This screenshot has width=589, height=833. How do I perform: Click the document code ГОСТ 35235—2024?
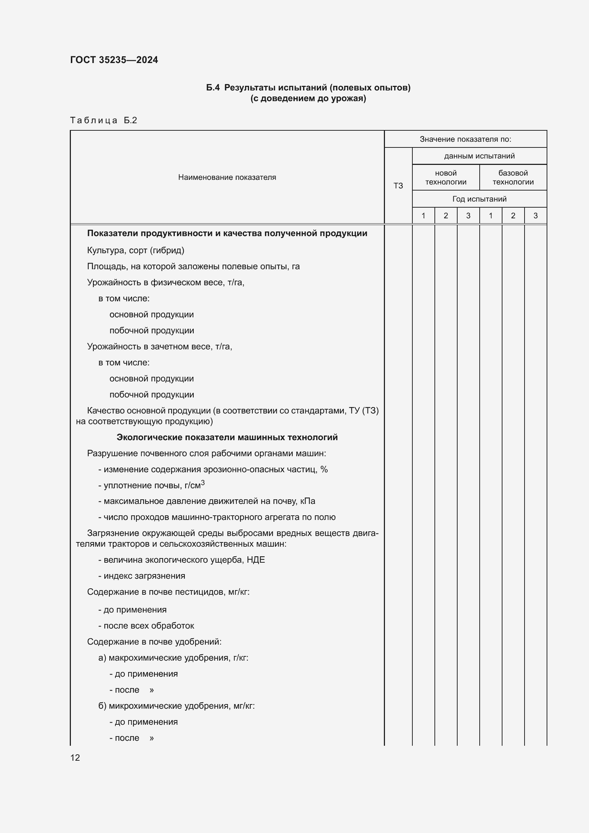[114, 60]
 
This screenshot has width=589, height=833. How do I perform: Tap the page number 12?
[75, 757]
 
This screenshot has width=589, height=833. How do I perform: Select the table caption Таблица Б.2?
[103, 120]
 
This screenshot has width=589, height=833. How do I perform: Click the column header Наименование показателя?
[227, 177]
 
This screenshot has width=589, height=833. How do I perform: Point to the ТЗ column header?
[398, 186]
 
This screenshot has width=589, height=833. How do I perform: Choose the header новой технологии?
[446, 177]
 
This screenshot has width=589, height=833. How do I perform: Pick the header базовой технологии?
[513, 177]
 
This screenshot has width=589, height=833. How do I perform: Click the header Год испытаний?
[479, 199]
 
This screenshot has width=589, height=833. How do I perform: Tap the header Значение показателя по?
[465, 139]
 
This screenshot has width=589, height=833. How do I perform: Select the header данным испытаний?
[479, 156]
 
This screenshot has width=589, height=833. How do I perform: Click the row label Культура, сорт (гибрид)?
[136, 250]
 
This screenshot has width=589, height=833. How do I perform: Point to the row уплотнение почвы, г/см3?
[152, 485]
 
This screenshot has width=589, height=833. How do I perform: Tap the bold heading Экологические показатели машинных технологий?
[227, 437]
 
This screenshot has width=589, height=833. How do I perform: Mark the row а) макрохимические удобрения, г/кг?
[173, 657]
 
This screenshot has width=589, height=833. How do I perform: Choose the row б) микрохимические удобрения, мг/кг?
[176, 706]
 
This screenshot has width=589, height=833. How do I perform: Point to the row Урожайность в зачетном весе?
[160, 347]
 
